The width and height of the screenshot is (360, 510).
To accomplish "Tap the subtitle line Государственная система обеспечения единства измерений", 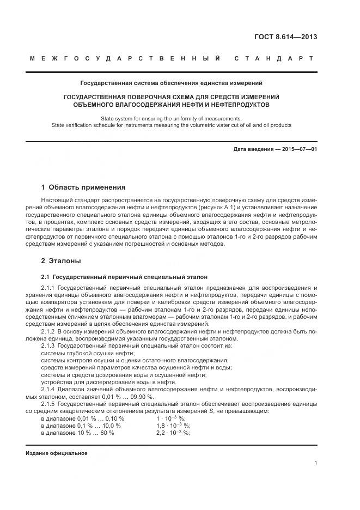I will pyautogui.click(x=172, y=83).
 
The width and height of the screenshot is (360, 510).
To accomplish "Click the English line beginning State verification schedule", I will pyautogui.click(x=172, y=125).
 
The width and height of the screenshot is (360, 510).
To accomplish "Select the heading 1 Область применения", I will pyautogui.click(x=83, y=187).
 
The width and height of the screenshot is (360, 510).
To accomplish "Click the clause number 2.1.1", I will pyautogui.click(x=48, y=287).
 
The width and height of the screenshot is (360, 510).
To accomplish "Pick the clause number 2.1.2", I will pyautogui.click(x=48, y=331).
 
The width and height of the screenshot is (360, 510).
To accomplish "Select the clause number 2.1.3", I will pyautogui.click(x=48, y=345).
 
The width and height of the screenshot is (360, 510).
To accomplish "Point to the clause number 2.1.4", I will pyautogui.click(x=48, y=389).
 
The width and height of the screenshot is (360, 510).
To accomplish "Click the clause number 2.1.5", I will pyautogui.click(x=48, y=404).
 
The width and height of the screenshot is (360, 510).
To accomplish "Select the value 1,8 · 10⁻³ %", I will pyautogui.click(x=173, y=425).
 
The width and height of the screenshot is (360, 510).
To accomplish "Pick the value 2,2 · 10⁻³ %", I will pyautogui.click(x=173, y=433).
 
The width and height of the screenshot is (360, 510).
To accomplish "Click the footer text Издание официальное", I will pyautogui.click(x=56, y=453).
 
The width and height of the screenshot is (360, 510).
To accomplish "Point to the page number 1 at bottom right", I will pyautogui.click(x=315, y=463).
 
